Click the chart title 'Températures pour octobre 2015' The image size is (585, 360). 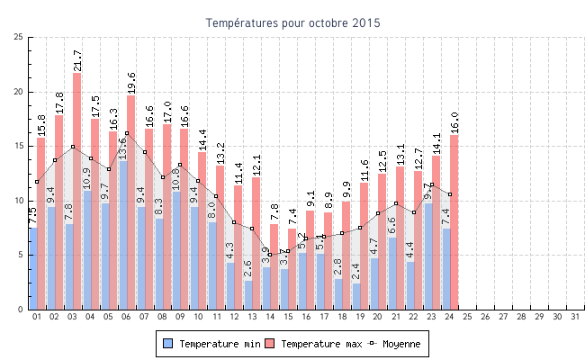(x=292, y=22)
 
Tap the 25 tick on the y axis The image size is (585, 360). (x=19, y=37)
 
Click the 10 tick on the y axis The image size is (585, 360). (x=19, y=201)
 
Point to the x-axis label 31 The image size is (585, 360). (x=574, y=318)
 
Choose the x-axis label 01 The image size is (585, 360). (x=37, y=318)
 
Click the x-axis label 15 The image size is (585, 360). (x=288, y=318)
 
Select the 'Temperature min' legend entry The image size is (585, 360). (x=212, y=344)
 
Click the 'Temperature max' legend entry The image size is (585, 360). (x=314, y=344)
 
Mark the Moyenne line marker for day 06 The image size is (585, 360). (x=127, y=133)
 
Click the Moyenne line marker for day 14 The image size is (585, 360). (x=270, y=254)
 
